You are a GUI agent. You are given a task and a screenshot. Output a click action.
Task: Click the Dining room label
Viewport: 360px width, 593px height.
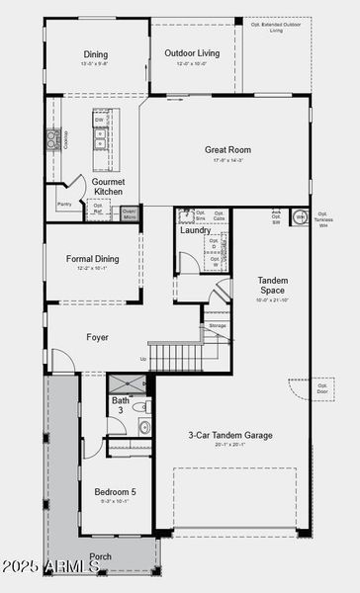point(96,54)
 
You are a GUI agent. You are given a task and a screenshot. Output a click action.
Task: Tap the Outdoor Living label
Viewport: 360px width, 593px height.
point(192,54)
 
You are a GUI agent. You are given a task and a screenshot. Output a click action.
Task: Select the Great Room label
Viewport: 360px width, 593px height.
point(227,150)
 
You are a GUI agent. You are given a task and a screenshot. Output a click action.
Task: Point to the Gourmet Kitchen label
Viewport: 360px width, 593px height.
point(108,187)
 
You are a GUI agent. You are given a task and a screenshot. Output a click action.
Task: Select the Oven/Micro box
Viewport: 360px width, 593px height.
point(130,212)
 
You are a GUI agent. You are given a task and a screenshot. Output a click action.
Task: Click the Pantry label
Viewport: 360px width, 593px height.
point(64,205)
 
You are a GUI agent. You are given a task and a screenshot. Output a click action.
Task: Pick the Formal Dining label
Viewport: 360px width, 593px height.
point(93,259)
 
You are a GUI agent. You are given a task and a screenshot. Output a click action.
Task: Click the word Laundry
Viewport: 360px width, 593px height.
point(196,230)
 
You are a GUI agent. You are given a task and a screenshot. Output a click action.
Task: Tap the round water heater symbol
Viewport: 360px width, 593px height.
point(300,215)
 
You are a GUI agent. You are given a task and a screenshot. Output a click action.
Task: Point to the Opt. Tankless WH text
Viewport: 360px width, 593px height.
point(322,218)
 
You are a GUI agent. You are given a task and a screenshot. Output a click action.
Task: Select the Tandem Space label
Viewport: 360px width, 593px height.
point(272,285)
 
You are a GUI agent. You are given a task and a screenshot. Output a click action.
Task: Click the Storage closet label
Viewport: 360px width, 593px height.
point(217,325)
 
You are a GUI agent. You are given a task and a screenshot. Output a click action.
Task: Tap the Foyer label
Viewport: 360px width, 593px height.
point(97,337)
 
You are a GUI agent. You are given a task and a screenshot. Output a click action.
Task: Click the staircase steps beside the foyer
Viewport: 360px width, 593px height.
point(175,355)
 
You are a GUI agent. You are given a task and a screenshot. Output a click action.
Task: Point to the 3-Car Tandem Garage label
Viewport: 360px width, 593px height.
point(230,435)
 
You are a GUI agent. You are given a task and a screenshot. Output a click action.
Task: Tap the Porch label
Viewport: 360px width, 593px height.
point(101,556)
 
